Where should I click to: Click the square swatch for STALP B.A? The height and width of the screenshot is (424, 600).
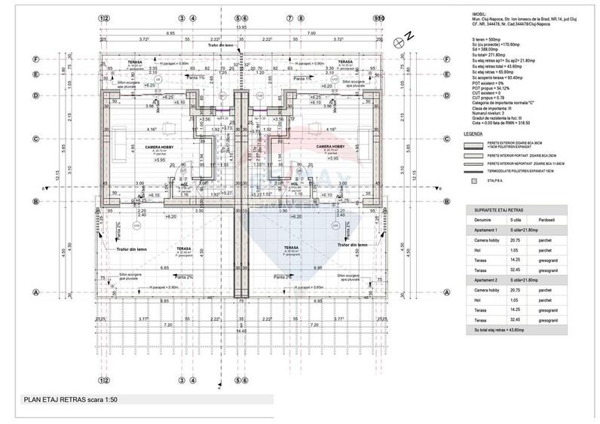[x=473, y=181]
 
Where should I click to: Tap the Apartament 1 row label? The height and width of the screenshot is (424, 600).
[x=482, y=230]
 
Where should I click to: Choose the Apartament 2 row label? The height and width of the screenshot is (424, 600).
[x=482, y=279]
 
